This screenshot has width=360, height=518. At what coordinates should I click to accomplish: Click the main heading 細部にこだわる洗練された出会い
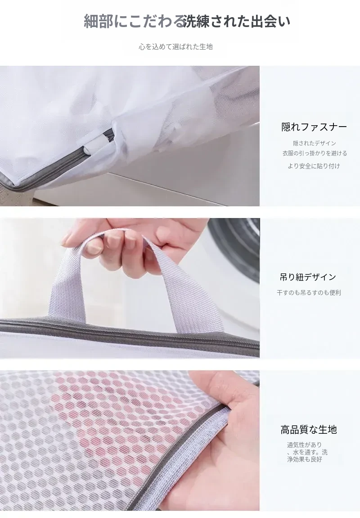(x=187, y=22)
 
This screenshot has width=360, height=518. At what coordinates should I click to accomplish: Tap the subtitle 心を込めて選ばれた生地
(x=175, y=47)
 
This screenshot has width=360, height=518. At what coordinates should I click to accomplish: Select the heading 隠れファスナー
(x=314, y=127)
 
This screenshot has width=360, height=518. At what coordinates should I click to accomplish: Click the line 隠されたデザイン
(x=315, y=143)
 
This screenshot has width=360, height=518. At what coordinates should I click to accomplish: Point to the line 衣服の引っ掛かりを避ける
(x=315, y=153)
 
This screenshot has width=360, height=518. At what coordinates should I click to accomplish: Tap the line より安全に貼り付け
(x=314, y=166)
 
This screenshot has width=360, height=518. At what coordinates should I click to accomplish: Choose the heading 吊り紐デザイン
(x=307, y=277)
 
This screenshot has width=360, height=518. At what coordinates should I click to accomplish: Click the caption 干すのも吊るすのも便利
(x=309, y=293)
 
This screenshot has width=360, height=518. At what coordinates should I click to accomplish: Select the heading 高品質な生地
(x=309, y=429)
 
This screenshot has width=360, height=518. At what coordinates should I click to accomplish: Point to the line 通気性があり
(x=304, y=445)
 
